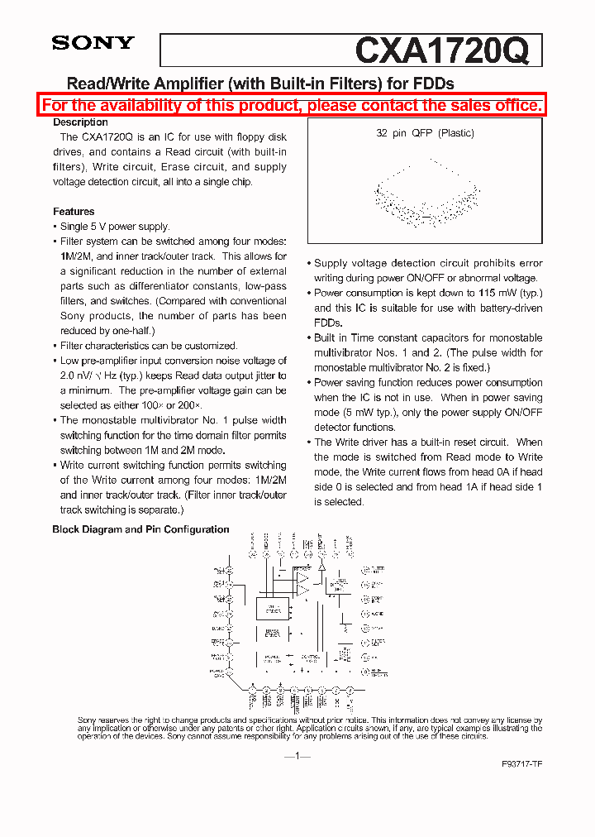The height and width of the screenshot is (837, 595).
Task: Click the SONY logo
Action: (93, 43)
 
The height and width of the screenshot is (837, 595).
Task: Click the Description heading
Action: (80, 122)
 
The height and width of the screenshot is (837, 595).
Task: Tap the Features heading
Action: (74, 212)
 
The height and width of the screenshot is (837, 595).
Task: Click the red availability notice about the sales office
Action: (293, 105)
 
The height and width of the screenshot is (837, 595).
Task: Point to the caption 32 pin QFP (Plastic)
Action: (425, 133)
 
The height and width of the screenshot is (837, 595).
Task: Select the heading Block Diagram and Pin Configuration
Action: (140, 529)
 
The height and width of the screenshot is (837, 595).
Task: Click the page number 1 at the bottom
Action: (297, 756)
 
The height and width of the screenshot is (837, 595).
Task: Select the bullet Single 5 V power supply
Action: (115, 227)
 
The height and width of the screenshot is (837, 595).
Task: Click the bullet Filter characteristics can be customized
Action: (149, 346)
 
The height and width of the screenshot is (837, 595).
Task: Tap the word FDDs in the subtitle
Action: (433, 84)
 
